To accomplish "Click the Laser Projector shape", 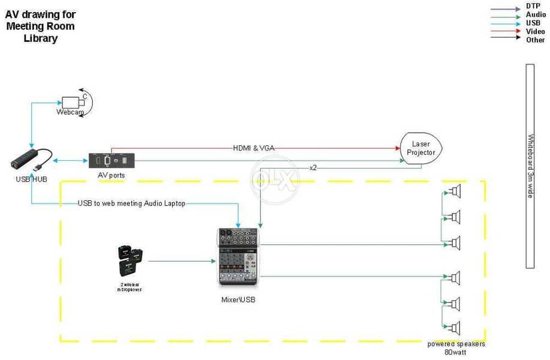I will (421, 148).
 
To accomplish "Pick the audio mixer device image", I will (239, 257).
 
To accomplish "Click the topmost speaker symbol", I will (454, 192).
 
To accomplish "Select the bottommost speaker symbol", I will (454, 328).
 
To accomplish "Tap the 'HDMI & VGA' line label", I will (254, 148).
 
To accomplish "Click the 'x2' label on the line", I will (312, 167).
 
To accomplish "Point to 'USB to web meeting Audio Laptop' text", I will (131, 203).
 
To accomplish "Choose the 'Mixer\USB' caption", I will (238, 299).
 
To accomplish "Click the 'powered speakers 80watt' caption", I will (456, 348).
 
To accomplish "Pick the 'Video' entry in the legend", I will (535, 31).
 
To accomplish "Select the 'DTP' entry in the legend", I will (533, 6).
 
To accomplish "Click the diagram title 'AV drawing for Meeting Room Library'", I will (40, 26).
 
